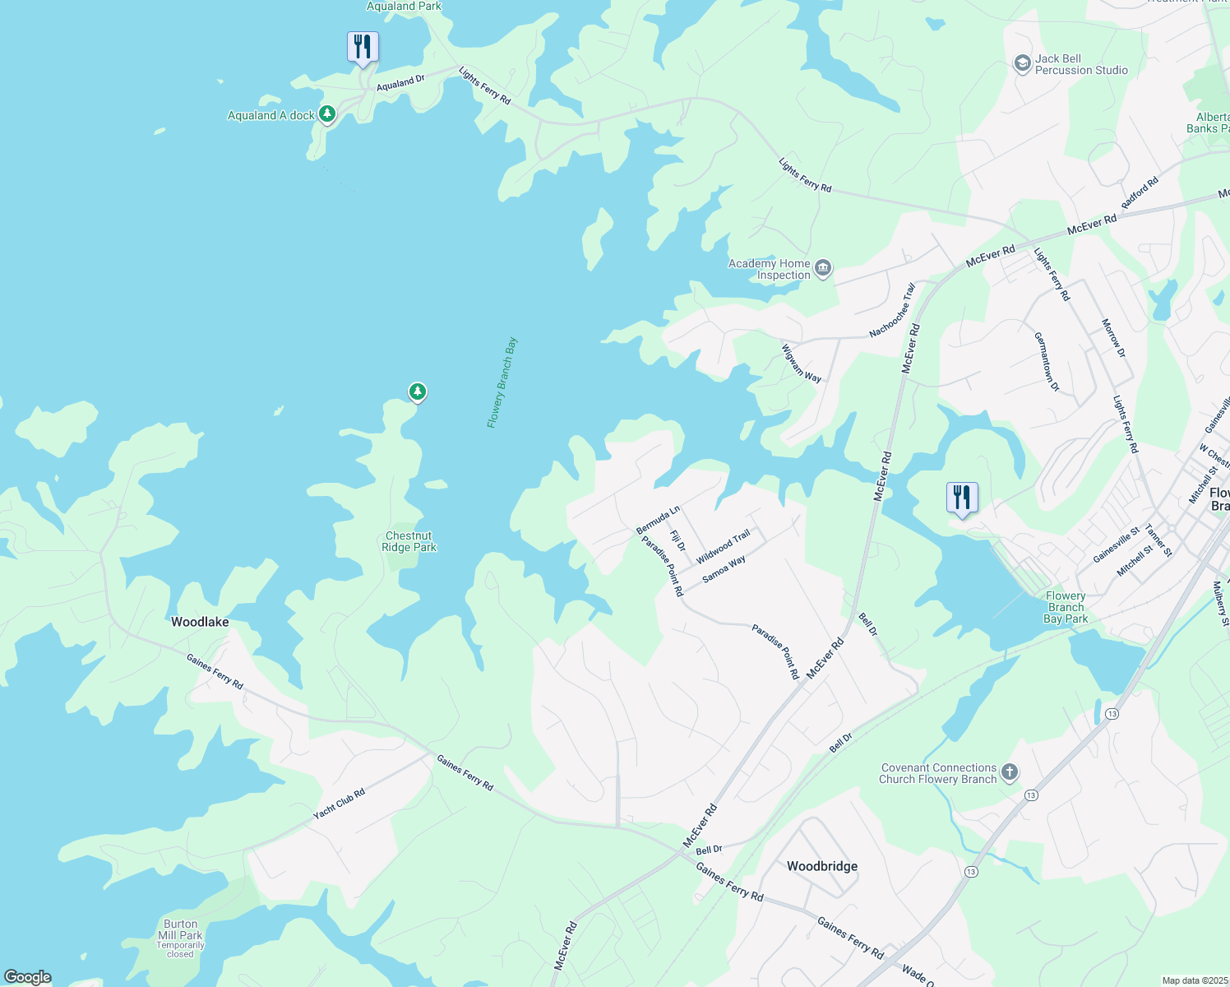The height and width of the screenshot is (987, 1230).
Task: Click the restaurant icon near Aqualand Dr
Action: (363, 47)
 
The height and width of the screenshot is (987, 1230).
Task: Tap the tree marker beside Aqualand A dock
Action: (327, 114)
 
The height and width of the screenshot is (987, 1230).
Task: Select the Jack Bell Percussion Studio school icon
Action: (1022, 64)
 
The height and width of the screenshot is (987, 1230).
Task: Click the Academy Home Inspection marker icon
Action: (823, 268)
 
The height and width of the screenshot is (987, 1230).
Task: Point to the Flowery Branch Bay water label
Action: (502, 382)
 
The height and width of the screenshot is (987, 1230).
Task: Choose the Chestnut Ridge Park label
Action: (409, 541)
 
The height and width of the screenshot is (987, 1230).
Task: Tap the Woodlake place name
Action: (200, 622)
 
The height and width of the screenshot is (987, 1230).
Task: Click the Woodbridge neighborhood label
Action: (822, 866)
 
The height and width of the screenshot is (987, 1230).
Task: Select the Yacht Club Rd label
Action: (339, 804)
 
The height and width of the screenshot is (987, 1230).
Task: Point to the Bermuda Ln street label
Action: (658, 520)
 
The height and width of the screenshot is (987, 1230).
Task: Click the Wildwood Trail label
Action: (724, 547)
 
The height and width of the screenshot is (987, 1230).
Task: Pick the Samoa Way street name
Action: (724, 569)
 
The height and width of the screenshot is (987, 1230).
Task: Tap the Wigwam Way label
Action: (801, 363)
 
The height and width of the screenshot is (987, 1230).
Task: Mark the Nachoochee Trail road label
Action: (892, 311)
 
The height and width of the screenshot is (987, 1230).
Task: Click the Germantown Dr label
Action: (1047, 361)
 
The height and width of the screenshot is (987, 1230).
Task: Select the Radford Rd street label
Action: (1140, 193)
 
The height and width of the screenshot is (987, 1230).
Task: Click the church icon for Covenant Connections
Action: (1010, 772)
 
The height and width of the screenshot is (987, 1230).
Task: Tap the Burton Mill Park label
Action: (180, 929)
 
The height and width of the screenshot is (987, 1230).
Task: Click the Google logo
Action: (28, 976)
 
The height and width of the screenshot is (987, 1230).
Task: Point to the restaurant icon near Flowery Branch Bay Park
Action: (962, 498)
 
